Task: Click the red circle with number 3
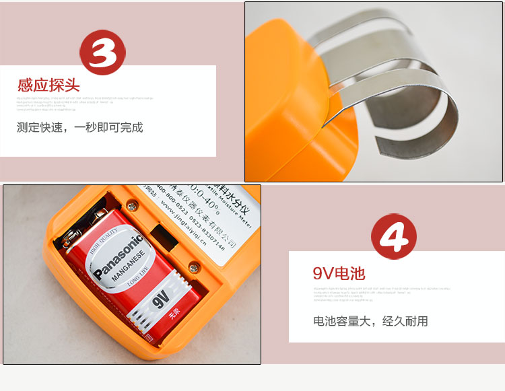103,52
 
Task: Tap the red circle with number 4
394,237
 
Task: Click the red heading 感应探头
48,85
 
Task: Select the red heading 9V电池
339,273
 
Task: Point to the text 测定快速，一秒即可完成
80,127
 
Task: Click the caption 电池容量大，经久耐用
370,321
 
